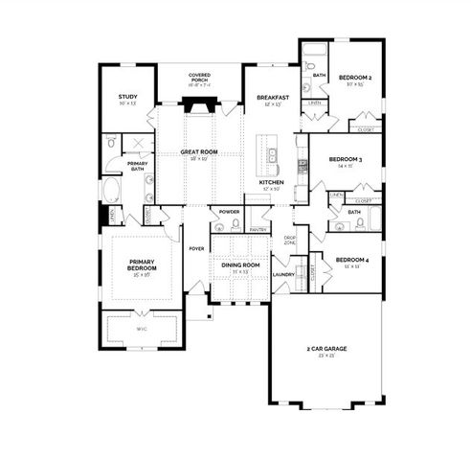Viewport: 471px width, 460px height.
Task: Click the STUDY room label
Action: click(127, 97)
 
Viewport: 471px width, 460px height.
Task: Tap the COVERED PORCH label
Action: click(199, 77)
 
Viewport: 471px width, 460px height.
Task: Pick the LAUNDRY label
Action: click(282, 274)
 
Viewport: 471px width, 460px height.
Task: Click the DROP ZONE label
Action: click(289, 240)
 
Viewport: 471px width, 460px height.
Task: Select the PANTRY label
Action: click(257, 230)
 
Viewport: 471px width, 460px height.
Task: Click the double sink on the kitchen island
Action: click(274, 153)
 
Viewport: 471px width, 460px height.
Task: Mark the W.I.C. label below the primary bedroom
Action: click(141, 329)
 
